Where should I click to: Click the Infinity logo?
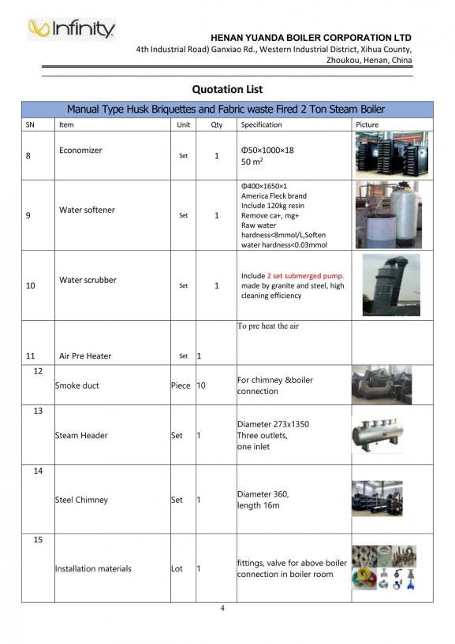click(x=71, y=29)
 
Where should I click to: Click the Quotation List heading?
click(x=227, y=89)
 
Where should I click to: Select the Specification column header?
click(x=261, y=125)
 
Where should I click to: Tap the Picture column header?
click(x=367, y=125)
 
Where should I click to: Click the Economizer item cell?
click(x=80, y=151)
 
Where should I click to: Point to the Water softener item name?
click(x=87, y=210)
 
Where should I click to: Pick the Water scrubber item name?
click(x=88, y=280)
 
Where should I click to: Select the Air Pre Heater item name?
click(x=85, y=356)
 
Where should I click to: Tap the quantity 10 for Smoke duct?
click(x=202, y=385)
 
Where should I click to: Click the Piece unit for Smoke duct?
click(x=181, y=385)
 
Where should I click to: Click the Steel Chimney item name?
click(x=81, y=500)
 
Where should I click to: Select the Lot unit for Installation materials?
click(x=177, y=568)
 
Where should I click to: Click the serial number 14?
click(x=38, y=471)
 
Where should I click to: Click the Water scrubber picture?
click(x=390, y=285)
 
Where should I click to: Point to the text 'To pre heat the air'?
click(x=268, y=326)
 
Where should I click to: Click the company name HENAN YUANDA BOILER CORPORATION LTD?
click(x=311, y=37)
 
